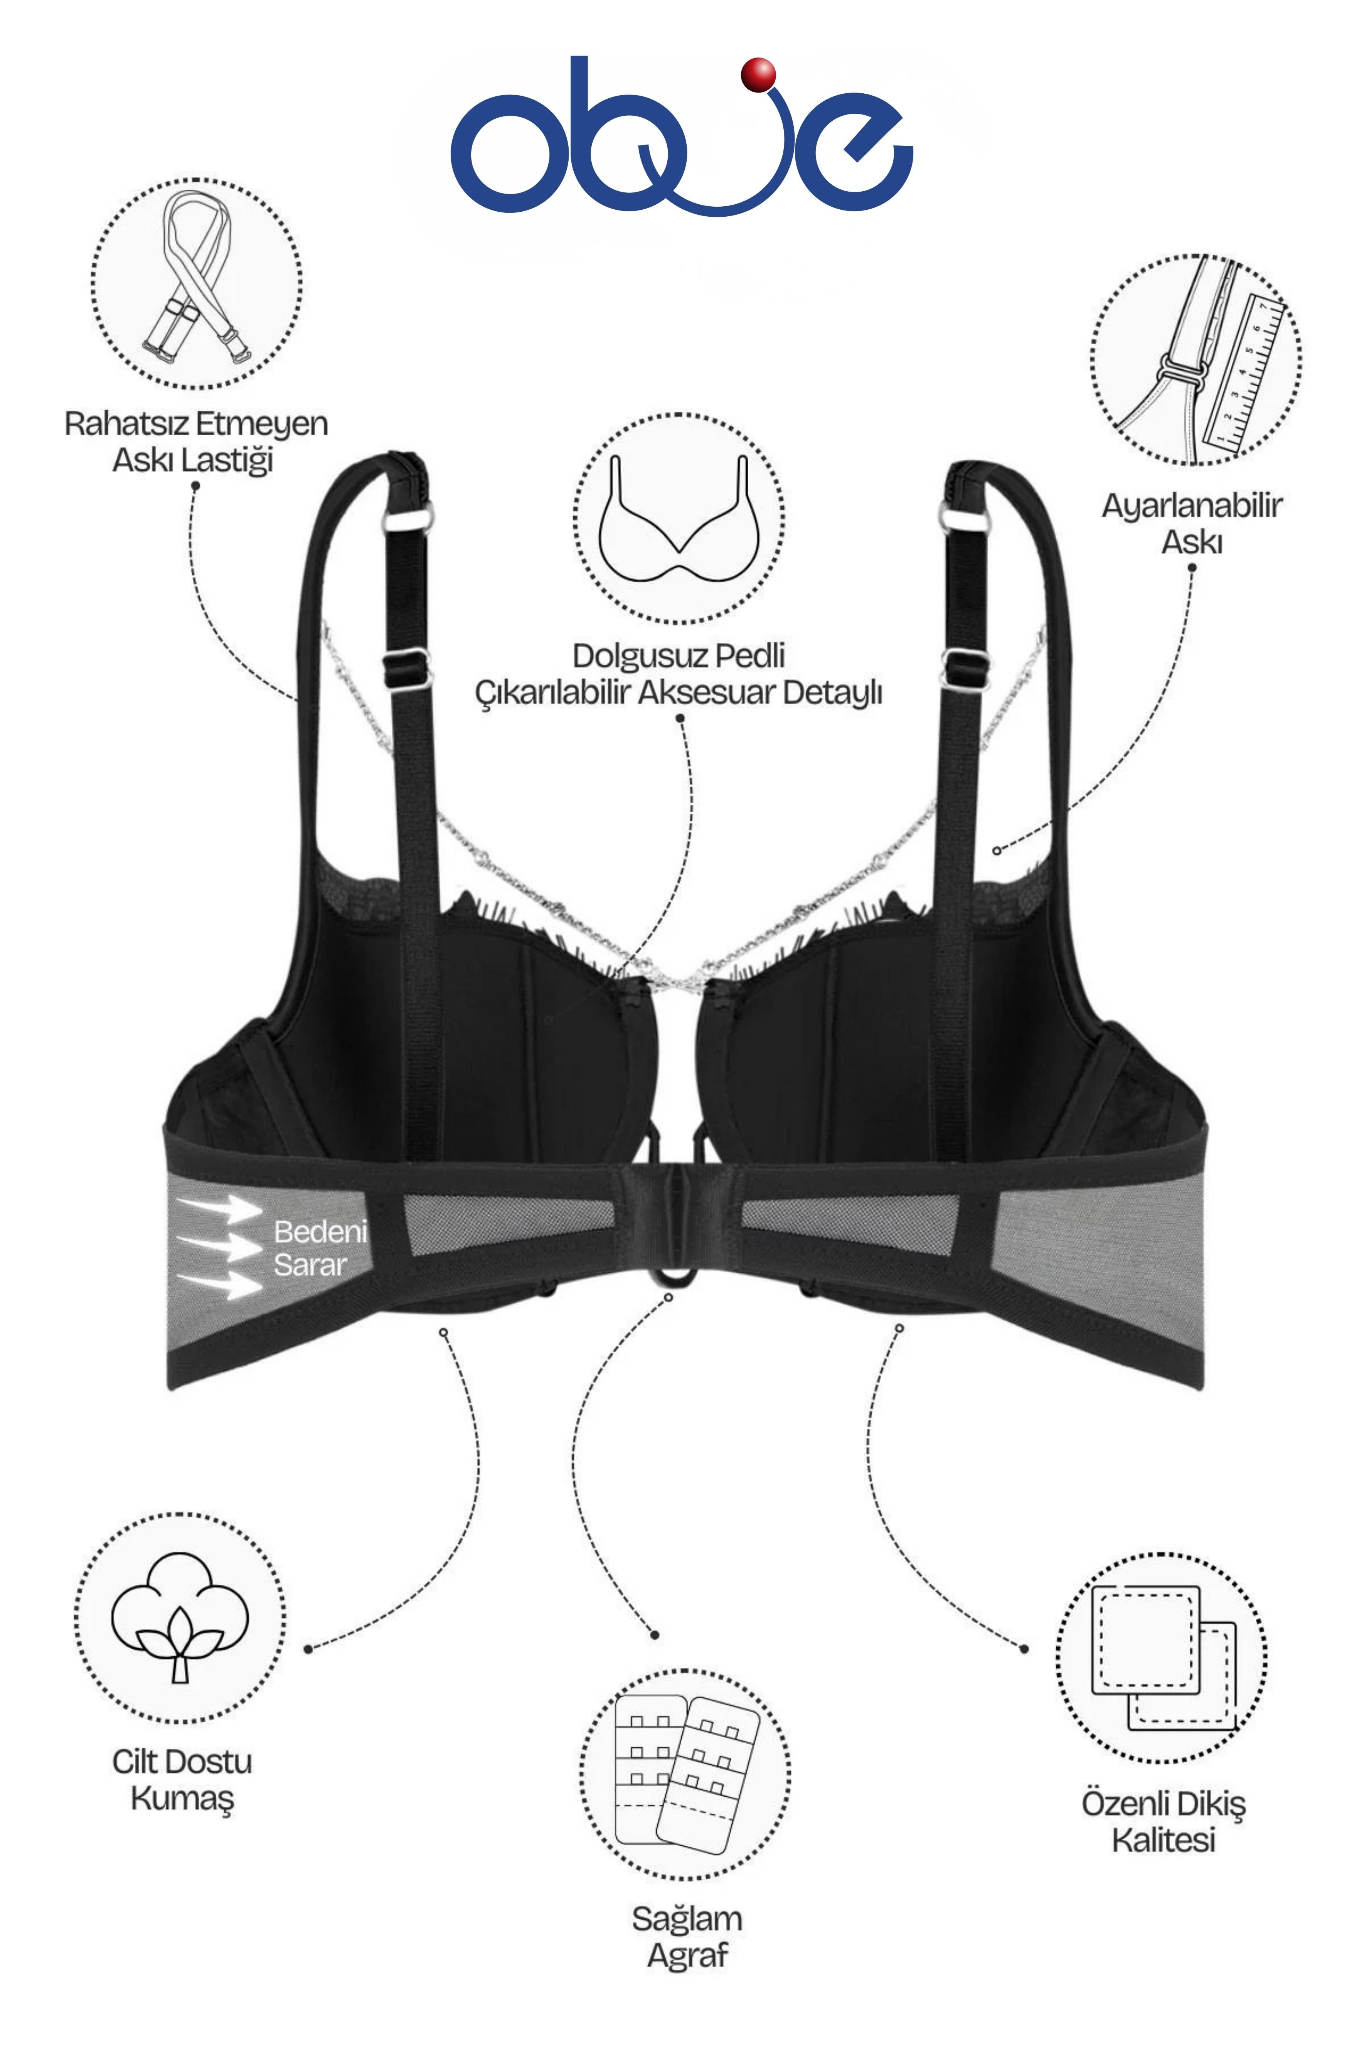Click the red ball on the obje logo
pos(758,75)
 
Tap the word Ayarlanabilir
pos(1192,505)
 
